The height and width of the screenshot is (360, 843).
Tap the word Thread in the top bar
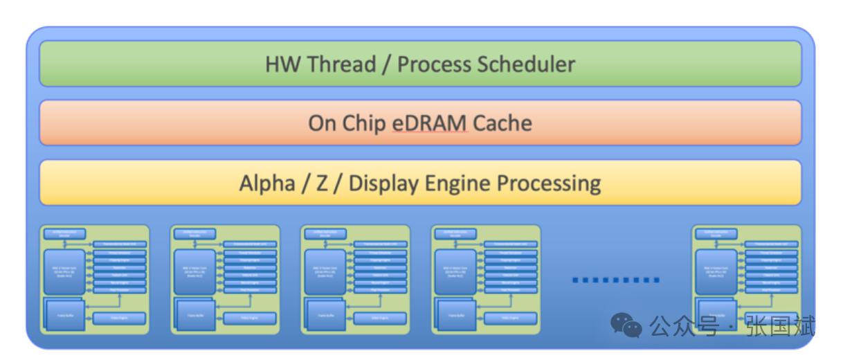pos(342,64)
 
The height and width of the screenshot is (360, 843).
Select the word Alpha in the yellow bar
pos(267,183)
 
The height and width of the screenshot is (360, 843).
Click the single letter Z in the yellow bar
pos(323,183)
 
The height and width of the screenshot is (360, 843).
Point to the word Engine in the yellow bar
pos(460,183)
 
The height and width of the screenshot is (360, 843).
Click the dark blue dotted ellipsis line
pos(615,280)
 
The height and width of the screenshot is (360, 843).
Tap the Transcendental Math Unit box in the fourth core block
pos(511,244)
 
